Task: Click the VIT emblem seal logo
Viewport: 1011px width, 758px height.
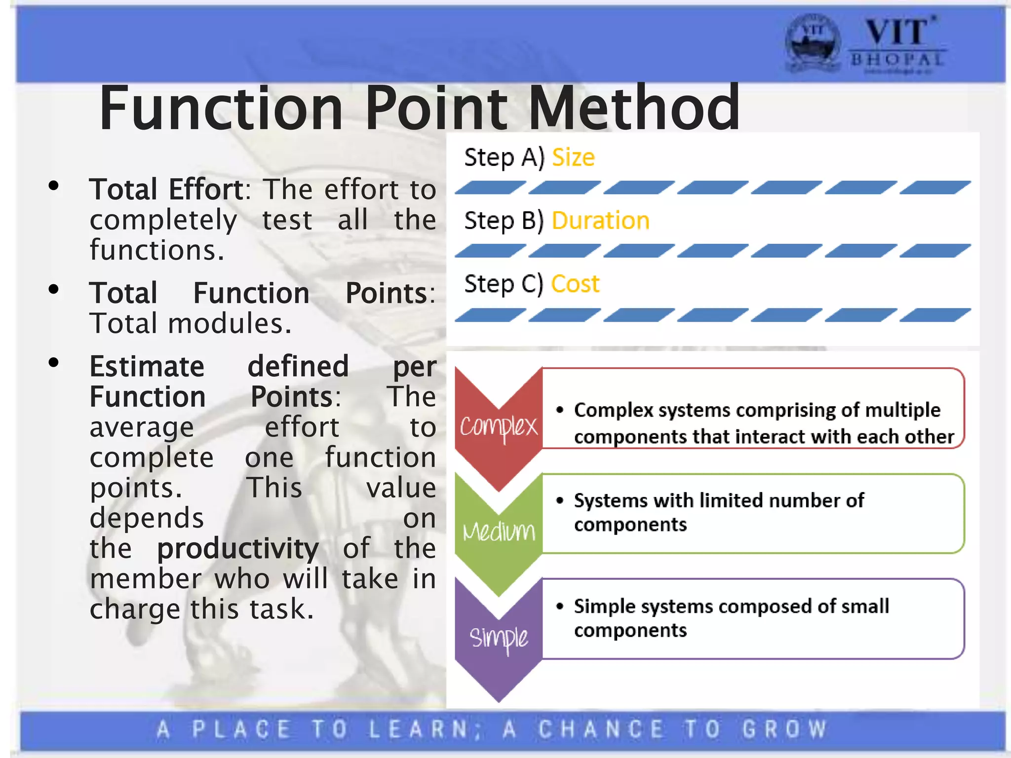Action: (x=813, y=43)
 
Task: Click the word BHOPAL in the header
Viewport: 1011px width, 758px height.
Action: (x=897, y=60)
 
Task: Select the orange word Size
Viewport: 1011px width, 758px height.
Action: (x=573, y=158)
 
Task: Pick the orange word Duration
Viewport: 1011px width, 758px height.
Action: (x=600, y=221)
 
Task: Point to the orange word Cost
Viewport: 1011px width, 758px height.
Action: (x=575, y=284)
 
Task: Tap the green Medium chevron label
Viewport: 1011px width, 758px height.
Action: (x=499, y=531)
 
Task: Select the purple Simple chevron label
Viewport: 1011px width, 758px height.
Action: (x=499, y=638)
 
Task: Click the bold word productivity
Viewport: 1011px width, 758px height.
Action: (x=238, y=549)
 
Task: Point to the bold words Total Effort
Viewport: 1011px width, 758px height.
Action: (x=166, y=189)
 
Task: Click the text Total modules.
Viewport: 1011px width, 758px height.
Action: (x=191, y=324)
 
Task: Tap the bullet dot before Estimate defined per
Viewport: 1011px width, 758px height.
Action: (x=54, y=363)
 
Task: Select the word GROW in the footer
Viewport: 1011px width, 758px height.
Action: (x=784, y=729)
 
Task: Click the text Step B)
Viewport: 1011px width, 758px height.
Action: (x=504, y=221)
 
